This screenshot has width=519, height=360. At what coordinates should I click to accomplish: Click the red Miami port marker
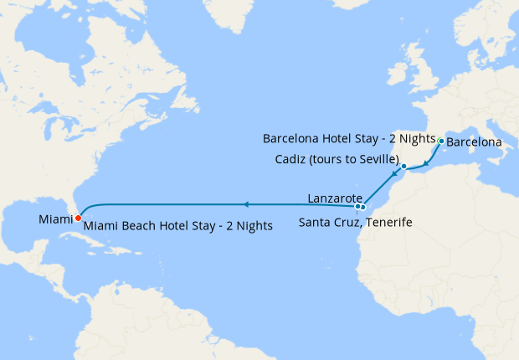pyautogui.click(x=78, y=219)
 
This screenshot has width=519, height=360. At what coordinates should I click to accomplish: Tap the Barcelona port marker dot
pyautogui.click(x=441, y=141)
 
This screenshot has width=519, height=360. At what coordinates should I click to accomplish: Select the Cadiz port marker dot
pyautogui.click(x=403, y=167)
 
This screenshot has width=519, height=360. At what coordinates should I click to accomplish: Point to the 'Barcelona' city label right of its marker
pyautogui.click(x=475, y=142)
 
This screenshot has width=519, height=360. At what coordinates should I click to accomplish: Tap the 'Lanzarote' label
pyautogui.click(x=334, y=198)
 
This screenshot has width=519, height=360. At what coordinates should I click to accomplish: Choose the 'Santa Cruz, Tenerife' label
pyautogui.click(x=355, y=223)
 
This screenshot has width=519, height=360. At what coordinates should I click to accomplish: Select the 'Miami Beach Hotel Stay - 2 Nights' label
pyautogui.click(x=178, y=226)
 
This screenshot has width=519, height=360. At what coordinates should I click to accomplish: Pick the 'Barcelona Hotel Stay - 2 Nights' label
pyautogui.click(x=349, y=137)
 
